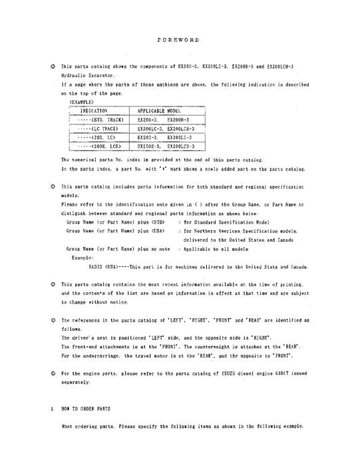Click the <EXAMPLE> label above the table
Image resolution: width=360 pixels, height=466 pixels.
pos(81,102)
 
